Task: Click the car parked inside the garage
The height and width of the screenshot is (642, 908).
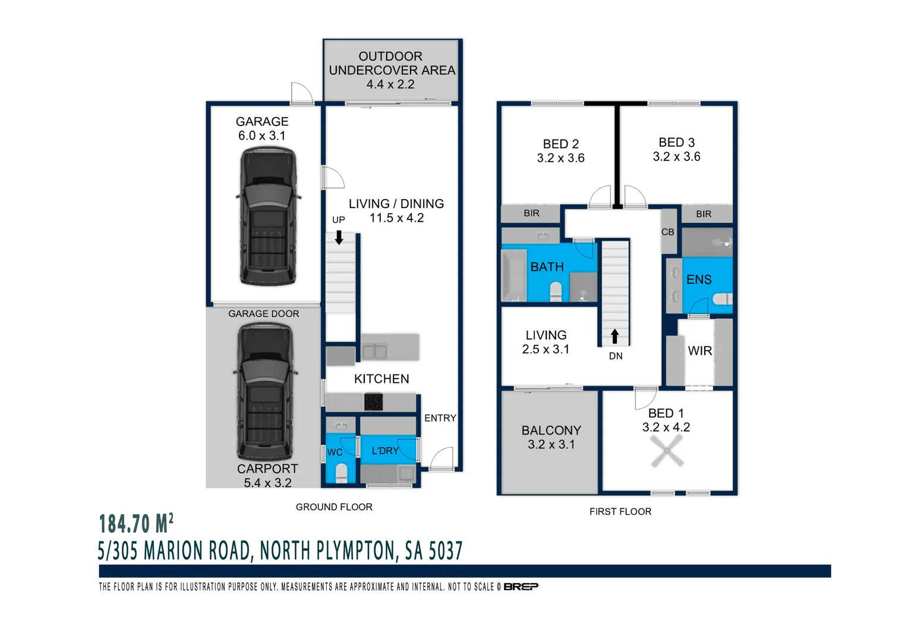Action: click(x=268, y=216)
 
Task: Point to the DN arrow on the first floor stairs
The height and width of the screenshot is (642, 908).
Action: click(x=614, y=336)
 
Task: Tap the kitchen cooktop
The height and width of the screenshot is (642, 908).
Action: click(x=373, y=402)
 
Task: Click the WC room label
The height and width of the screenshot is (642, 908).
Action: click(x=335, y=452)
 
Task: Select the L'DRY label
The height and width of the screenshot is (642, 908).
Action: click(x=385, y=451)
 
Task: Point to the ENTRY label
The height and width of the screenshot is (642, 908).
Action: click(x=440, y=418)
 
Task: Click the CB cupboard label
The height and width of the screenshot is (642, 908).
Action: click(x=667, y=232)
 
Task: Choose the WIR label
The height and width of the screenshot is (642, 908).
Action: click(x=699, y=351)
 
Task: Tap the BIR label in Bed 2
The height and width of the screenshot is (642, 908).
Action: click(x=531, y=213)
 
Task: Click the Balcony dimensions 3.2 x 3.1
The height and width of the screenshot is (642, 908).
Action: click(x=551, y=445)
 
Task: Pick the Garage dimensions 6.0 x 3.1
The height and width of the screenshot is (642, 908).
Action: click(x=262, y=136)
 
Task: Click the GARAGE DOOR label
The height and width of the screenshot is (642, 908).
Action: click(x=263, y=313)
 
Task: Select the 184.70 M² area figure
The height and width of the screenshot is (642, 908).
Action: click(x=136, y=524)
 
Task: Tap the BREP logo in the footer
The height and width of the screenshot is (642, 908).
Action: click(x=521, y=587)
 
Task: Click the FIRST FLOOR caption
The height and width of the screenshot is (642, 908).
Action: click(x=620, y=512)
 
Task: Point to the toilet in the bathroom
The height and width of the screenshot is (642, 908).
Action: click(x=556, y=291)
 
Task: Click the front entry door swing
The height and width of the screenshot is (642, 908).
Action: click(x=442, y=459)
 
